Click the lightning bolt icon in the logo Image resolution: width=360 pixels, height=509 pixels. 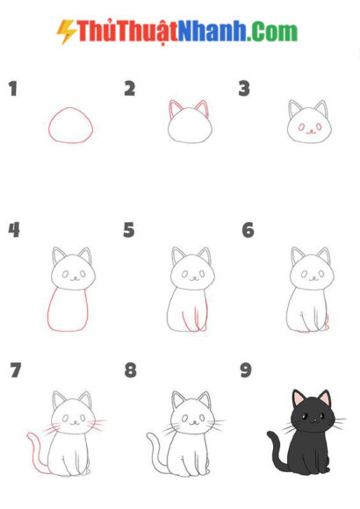(x=66, y=32)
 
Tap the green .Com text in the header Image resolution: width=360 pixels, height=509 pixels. (x=272, y=32)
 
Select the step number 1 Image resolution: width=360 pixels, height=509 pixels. (x=13, y=89)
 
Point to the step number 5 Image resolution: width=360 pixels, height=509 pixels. (x=129, y=230)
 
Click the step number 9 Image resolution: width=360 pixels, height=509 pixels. (x=246, y=370)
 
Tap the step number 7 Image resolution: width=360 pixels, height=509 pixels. (x=15, y=370)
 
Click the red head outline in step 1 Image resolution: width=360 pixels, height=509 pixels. (x=70, y=125)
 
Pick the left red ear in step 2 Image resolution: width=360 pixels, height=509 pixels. (x=174, y=111)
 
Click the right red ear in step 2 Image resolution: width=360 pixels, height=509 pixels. (x=202, y=110)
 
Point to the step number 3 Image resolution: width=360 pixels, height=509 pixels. (x=245, y=89)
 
